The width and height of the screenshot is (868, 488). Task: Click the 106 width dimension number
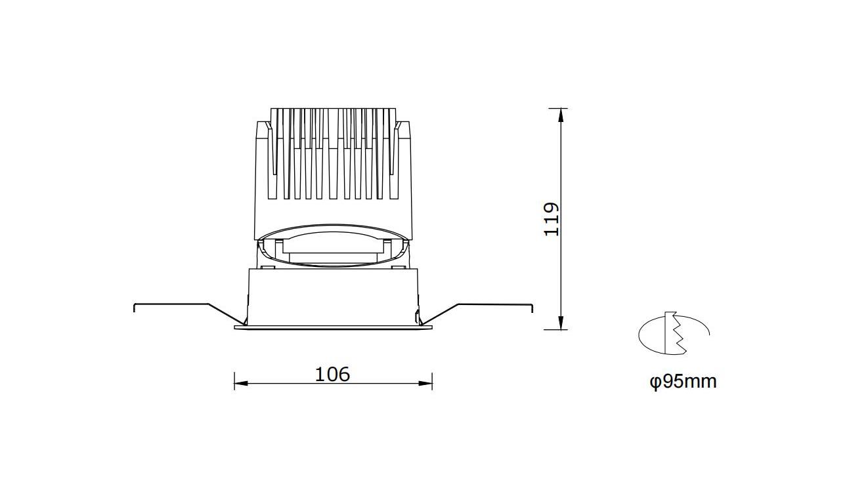332,375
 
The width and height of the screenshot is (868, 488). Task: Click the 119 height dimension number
552,219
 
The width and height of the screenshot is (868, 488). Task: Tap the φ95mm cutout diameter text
683,382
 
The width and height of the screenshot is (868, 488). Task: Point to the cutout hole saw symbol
674,333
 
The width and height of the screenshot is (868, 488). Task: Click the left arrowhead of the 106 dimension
241,384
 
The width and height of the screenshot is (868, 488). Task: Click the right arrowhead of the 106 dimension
425,384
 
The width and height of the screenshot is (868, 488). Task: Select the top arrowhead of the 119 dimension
561,115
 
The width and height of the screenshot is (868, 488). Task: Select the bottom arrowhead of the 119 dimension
561,323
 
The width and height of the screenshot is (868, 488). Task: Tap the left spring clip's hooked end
135,307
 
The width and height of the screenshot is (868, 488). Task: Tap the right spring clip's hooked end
532,308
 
